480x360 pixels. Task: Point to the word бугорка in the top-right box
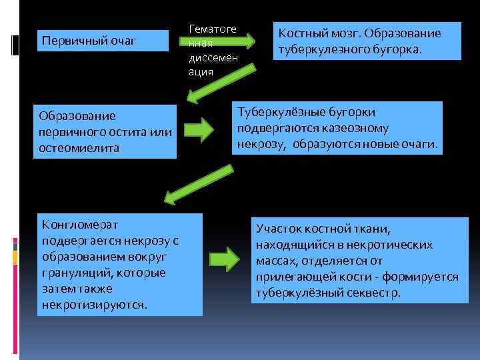pos(396,48)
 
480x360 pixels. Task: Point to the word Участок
pos(279,228)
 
